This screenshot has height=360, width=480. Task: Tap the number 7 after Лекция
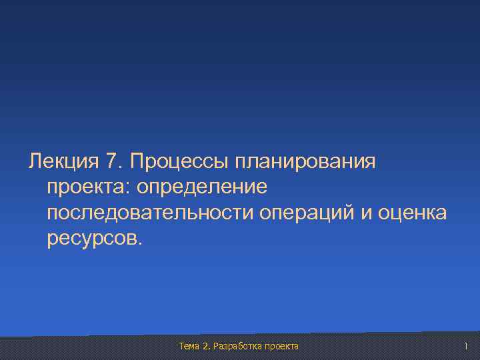tap(112, 161)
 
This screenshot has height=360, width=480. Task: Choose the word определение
tap(201, 187)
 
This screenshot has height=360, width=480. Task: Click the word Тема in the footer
tap(190, 346)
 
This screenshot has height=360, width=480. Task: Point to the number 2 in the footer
tap(207, 346)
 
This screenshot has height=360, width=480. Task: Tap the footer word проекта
tap(282, 346)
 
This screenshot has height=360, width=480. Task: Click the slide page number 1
tap(467, 346)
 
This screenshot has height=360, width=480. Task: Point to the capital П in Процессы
tap(137, 161)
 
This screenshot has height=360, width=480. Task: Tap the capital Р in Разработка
tap(217, 346)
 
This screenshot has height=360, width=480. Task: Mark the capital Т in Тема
tap(182, 346)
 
